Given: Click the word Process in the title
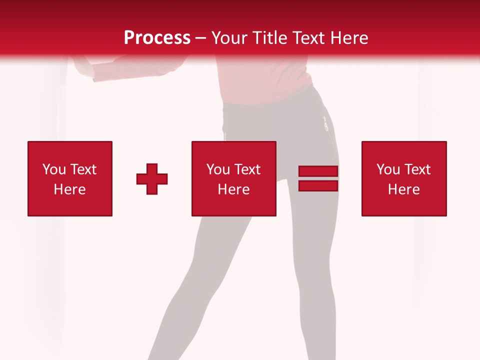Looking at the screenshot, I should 157,37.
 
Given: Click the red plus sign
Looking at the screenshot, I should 152,179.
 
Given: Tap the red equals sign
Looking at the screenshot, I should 318,178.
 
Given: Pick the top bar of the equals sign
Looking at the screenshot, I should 318,171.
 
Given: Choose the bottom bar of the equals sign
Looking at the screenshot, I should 318,185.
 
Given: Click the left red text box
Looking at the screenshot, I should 70,178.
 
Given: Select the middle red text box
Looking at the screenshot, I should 233,178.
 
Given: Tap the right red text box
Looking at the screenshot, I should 404,178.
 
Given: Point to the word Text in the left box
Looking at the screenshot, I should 83,169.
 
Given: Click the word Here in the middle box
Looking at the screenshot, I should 233,189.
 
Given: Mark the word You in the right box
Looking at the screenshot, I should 388,169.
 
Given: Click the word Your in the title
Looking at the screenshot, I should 228,38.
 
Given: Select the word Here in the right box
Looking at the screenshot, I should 404,189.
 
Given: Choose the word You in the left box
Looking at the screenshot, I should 54,169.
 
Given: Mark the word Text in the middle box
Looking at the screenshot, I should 247,169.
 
